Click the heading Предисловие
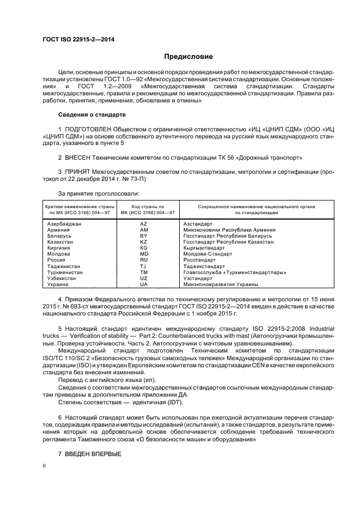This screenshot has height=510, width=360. pos(188,57)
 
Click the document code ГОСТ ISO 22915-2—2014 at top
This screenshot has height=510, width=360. pos(74,39)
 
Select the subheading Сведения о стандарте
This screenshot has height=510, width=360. pos(92,115)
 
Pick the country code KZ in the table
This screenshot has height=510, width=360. pos(143,241)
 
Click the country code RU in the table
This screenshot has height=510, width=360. pos(143,260)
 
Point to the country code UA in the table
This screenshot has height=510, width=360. pos(143,284)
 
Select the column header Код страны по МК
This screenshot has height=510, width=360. pos(144,210)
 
